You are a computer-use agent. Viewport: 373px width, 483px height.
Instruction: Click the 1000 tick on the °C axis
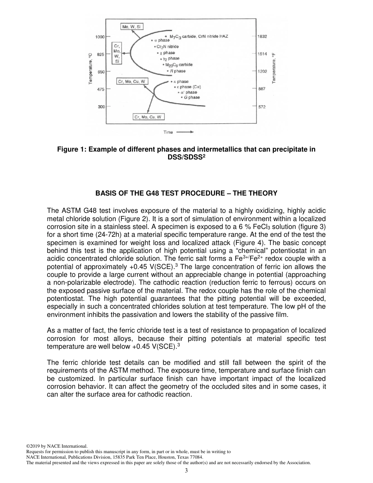click(100, 37)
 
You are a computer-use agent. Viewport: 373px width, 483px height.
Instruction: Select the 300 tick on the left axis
click(101, 107)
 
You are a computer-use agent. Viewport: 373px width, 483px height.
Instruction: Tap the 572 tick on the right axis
click(262, 107)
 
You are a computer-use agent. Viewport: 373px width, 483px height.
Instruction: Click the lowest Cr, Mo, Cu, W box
click(149, 117)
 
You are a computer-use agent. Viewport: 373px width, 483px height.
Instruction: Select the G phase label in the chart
click(192, 97)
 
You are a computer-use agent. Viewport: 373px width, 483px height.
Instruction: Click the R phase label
click(177, 71)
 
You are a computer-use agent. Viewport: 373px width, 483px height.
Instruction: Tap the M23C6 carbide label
click(179, 65)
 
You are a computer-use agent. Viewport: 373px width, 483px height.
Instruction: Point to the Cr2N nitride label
click(168, 46)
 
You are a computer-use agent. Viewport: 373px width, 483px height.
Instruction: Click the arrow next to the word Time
click(185, 132)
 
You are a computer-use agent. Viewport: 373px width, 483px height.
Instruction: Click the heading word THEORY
click(263, 193)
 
